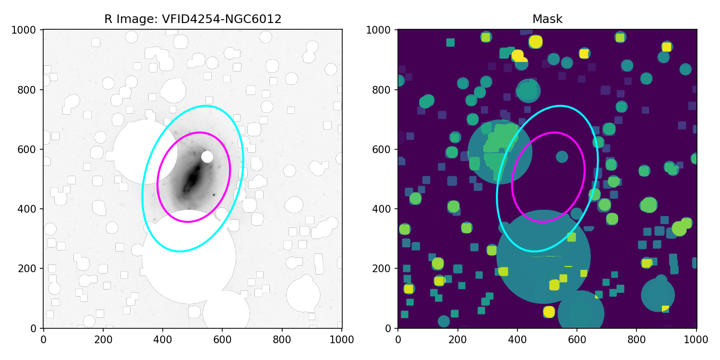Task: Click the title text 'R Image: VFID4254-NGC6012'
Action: (192, 19)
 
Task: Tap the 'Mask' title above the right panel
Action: (547, 19)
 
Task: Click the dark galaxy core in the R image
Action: (192, 179)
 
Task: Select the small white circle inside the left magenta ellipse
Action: (207, 157)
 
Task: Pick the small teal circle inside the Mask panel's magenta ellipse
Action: (562, 157)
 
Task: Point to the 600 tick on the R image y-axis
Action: (33, 149)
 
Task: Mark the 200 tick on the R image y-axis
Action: (33, 269)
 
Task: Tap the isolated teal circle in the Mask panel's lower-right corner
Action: (658, 295)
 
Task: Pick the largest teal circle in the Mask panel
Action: (543, 257)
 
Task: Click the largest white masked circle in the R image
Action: (189, 257)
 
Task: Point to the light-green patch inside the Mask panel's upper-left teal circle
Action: (499, 144)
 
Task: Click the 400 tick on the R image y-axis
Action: (33, 209)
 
